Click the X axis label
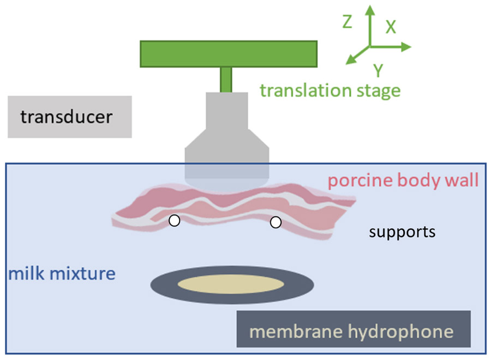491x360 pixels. tap(391, 28)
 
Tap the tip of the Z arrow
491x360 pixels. tap(370, 9)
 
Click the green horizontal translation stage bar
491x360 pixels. tap(229, 53)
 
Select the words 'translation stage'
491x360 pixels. tap(330, 89)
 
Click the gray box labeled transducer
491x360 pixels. tap(69, 117)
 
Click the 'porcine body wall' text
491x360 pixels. tap(404, 180)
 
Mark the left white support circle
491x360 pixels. tap(174, 221)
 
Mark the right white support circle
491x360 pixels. tap(276, 222)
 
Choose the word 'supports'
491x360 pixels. tap(402, 232)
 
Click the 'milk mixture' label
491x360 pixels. tap(62, 272)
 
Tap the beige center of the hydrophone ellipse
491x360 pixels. tap(231, 285)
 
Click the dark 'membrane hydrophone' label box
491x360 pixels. tap(353, 329)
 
